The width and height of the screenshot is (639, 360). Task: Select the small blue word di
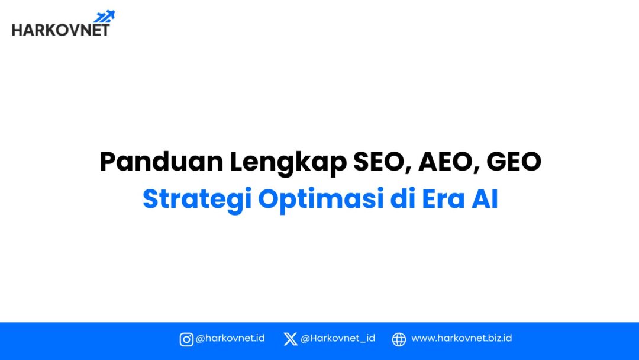point(401,200)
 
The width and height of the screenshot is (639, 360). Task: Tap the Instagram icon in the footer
point(186,339)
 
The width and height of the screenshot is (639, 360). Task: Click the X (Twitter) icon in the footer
point(290,339)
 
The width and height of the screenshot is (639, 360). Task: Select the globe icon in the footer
point(399,339)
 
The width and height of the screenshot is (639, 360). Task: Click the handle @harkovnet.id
point(230,339)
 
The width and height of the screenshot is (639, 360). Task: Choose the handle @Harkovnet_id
point(337,339)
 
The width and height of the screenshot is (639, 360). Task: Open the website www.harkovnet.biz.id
point(461,339)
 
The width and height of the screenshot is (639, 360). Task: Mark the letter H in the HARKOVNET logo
point(17,30)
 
